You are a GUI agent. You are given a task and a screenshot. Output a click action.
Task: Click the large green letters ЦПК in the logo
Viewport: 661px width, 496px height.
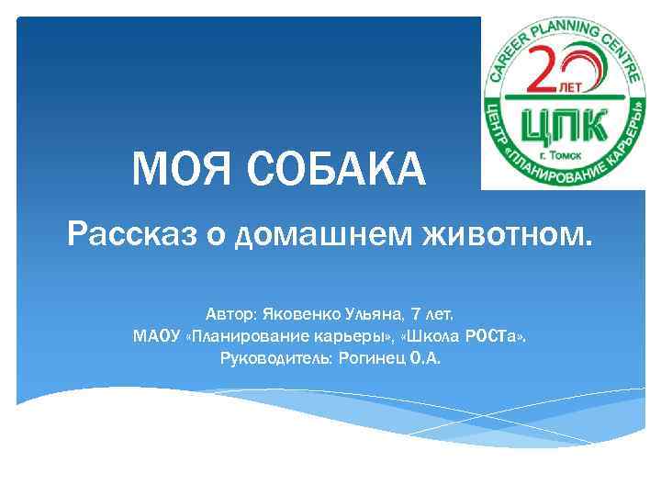[x=562, y=122]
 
